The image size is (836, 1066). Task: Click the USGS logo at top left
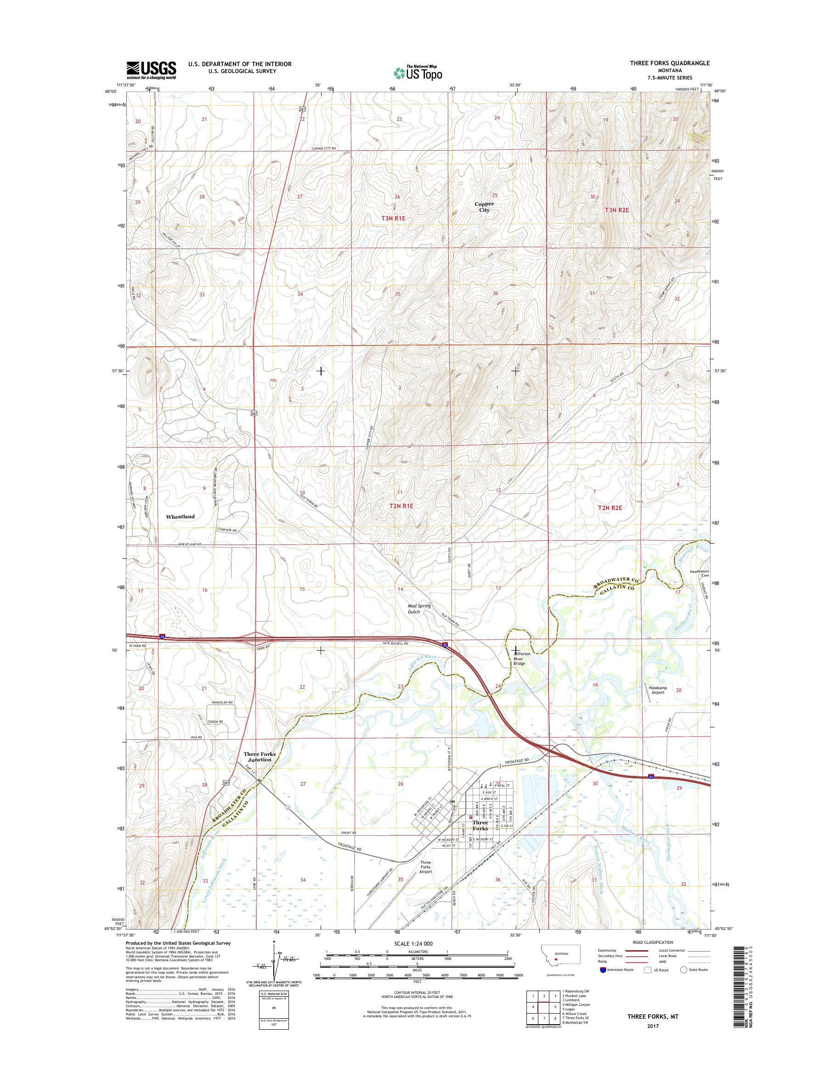click(151, 70)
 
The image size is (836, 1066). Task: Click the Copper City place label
click(484, 207)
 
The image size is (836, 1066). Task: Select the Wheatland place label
click(180, 516)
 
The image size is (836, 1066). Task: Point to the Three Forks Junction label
click(260, 756)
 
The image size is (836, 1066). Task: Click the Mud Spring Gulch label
click(419, 609)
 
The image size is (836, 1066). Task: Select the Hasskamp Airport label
click(657, 690)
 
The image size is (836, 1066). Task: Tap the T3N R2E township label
click(617, 210)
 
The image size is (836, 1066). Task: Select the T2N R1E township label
click(401, 506)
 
